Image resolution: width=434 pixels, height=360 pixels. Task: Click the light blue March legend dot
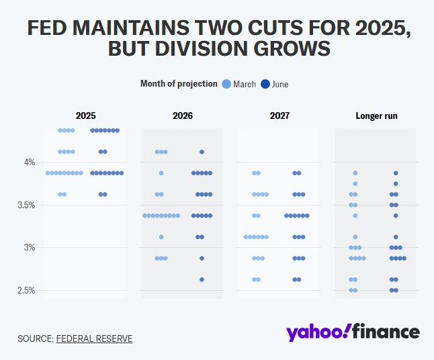(x=226, y=84)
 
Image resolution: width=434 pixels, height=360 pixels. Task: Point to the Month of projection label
(x=179, y=84)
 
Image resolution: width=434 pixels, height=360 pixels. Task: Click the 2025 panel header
(x=85, y=116)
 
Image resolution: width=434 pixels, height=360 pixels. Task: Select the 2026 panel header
(x=183, y=116)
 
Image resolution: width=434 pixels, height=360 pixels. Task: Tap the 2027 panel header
(x=279, y=116)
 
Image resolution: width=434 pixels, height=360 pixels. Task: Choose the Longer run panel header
(x=376, y=116)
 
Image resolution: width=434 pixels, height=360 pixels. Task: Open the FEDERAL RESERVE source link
(x=94, y=339)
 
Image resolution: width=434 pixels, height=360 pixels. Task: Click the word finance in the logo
(x=386, y=332)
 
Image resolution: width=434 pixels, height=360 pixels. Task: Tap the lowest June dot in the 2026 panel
(x=202, y=279)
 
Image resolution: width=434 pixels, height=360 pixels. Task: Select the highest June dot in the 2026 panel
(x=202, y=152)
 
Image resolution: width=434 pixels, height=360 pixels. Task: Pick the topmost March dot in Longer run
(x=355, y=173)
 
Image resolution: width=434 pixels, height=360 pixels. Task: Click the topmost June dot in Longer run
(x=396, y=173)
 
